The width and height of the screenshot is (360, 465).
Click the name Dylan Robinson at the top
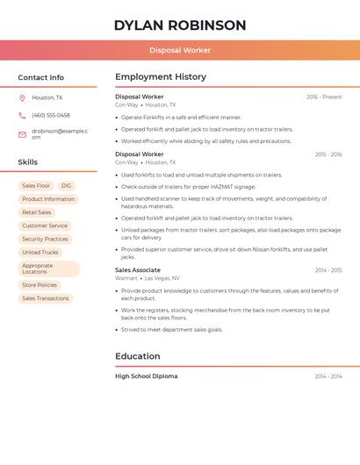[x=180, y=25]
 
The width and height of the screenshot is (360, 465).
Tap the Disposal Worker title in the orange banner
[x=180, y=51]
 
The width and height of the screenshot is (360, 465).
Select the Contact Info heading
[x=41, y=77]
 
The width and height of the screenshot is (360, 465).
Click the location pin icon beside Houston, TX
[x=22, y=97]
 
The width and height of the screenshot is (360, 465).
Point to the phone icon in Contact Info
[x=22, y=115]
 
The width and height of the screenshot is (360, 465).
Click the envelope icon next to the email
[x=22, y=134]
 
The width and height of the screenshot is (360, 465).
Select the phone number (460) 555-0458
[x=51, y=115]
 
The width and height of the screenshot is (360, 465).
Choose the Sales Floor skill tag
[x=36, y=186]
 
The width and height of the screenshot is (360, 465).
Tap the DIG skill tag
[x=67, y=186]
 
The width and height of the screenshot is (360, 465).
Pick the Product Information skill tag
[x=48, y=199]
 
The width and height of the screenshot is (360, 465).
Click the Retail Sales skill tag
[x=37, y=212]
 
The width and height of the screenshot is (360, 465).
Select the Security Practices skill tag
[x=45, y=239]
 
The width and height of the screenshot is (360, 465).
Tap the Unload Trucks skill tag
[x=40, y=252]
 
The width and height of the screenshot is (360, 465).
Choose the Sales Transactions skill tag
[x=46, y=298]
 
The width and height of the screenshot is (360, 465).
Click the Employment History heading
[x=161, y=77]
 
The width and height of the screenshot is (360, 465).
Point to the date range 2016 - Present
[x=324, y=97]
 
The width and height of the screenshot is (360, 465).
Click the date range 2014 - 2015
[x=328, y=270]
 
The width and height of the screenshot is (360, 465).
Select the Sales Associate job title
[x=138, y=270]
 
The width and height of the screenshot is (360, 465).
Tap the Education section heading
[x=138, y=356]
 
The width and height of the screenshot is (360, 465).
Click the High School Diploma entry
[x=147, y=376]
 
